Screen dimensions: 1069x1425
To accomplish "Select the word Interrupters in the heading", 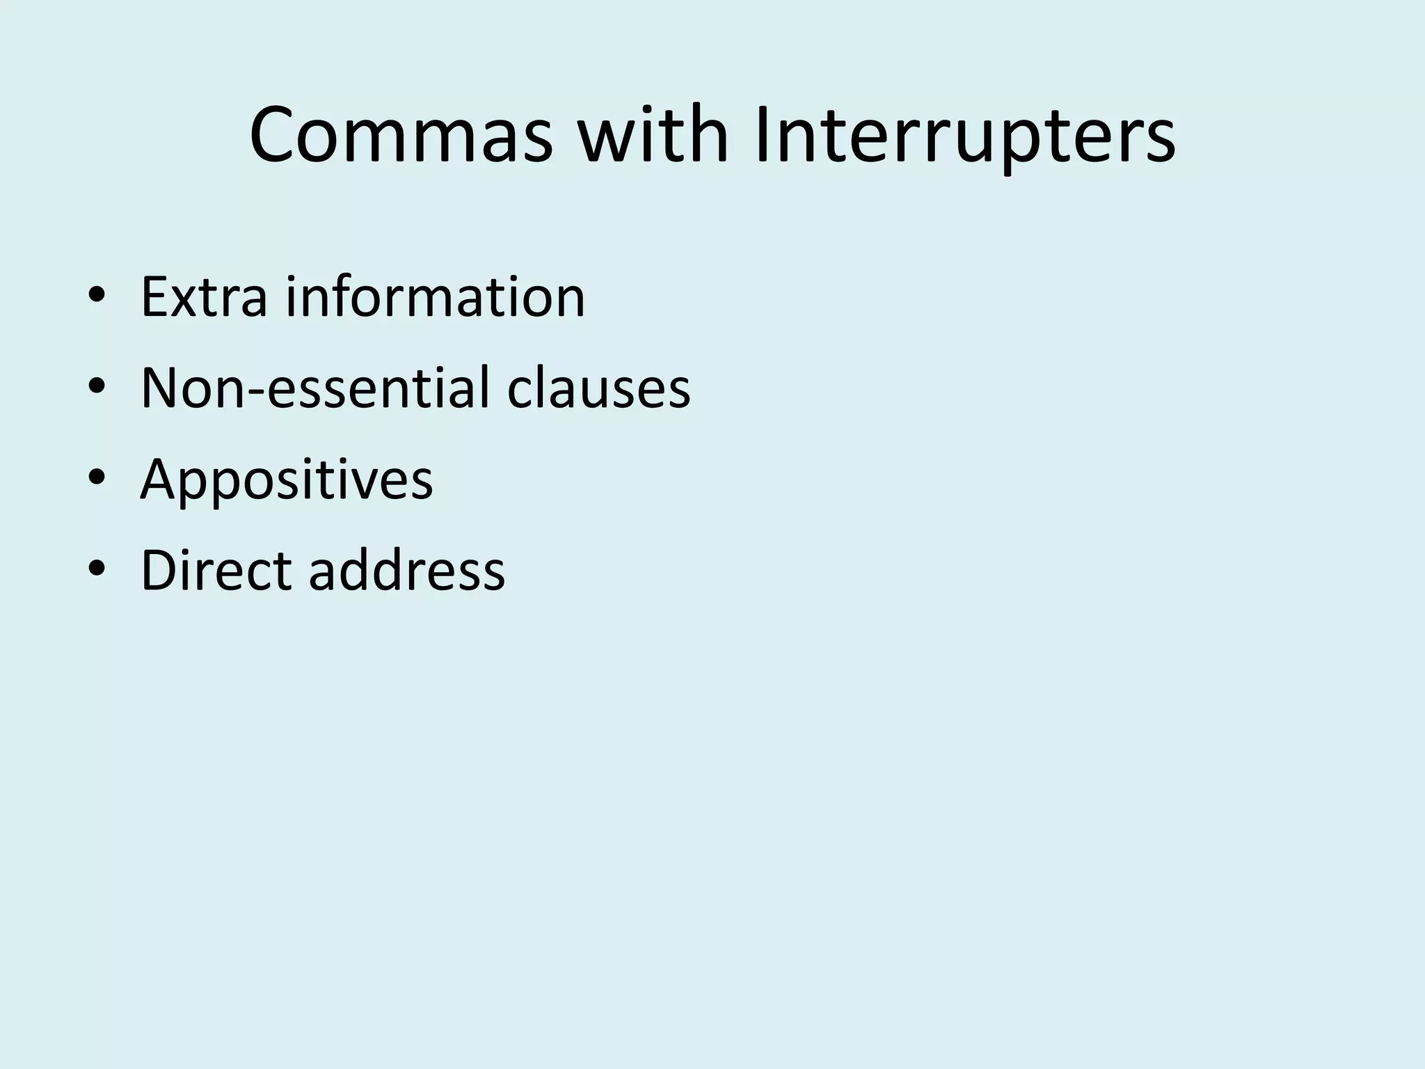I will pyautogui.click(x=964, y=136).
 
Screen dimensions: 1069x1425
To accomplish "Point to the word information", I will pyautogui.click(x=436, y=297).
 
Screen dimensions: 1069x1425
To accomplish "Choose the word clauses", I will pyautogui.click(x=598, y=388).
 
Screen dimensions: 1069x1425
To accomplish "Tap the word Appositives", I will pyautogui.click(x=287, y=480).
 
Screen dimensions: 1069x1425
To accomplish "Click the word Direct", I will pyautogui.click(x=216, y=571).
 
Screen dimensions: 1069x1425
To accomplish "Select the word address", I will pyautogui.click(x=406, y=571).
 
